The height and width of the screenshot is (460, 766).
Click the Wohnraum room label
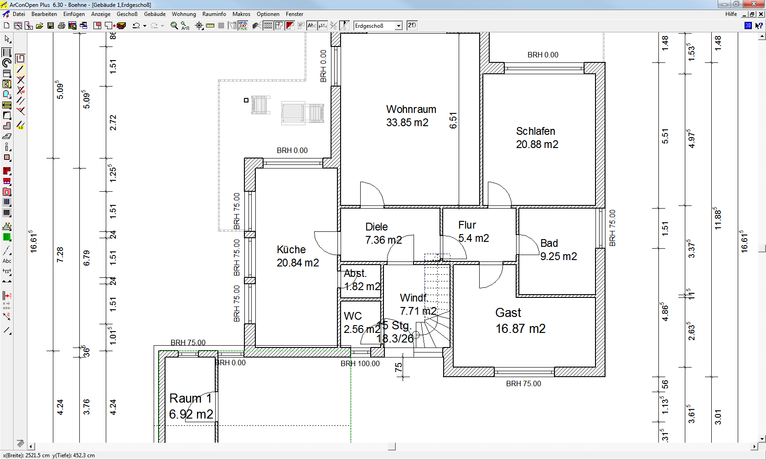pos(411,110)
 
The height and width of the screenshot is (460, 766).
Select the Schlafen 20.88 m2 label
pos(537,138)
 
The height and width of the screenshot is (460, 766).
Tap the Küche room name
pos(291,250)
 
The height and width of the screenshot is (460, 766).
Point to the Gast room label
pos(508,313)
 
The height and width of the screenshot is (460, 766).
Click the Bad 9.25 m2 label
pos(558,250)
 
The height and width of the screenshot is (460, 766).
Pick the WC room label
pos(352,316)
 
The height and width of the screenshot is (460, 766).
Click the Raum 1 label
pos(190,399)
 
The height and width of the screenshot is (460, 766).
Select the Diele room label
pos(376,227)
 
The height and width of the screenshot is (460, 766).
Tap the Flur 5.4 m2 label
pos(473,232)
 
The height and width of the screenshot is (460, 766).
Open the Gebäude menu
pos(155,14)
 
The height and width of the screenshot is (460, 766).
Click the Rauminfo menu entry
pos(214,14)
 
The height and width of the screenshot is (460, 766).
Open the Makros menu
pos(241,14)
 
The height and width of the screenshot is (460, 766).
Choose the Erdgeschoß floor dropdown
pos(378,26)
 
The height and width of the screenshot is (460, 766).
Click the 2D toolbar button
pos(412,26)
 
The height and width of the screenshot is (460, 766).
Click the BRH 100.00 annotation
pos(360,364)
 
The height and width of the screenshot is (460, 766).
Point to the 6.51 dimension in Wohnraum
pos(453,120)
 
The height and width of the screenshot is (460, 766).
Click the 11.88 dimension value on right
pos(718,219)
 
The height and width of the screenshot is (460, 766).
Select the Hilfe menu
pos(731,14)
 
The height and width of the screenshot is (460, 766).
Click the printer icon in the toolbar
pos(61,26)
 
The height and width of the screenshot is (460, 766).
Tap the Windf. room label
pos(413,298)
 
